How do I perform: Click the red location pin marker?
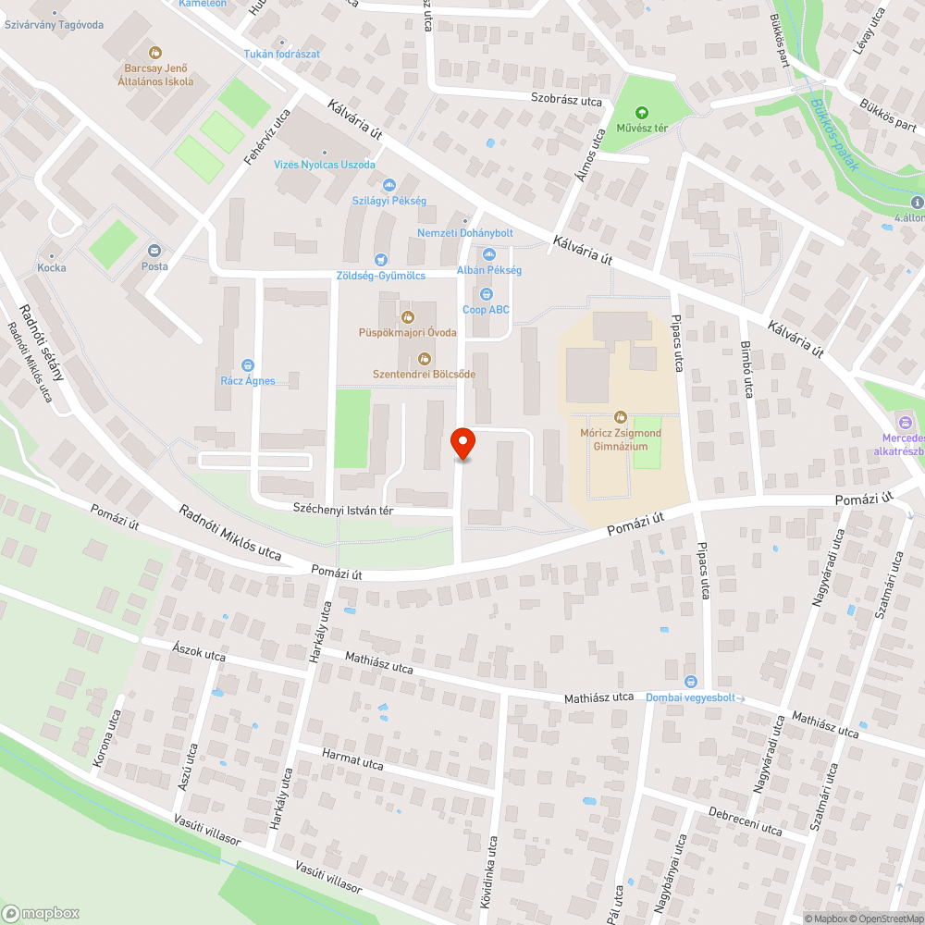point(462,443)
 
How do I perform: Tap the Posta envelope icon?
point(154,250)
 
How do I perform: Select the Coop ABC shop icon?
point(487,294)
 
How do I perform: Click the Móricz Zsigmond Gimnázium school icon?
point(620,417)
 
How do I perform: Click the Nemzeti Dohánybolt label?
point(464,233)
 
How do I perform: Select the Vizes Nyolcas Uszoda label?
point(325,165)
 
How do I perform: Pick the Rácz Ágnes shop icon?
point(247,365)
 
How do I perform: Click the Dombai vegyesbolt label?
point(690,697)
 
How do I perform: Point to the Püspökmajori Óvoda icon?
point(407,317)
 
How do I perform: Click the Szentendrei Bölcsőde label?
point(424,374)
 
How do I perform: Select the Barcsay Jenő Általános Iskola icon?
point(155,53)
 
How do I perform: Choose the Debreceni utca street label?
point(745,822)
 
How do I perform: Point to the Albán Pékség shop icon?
point(489,254)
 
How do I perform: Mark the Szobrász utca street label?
point(566,100)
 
